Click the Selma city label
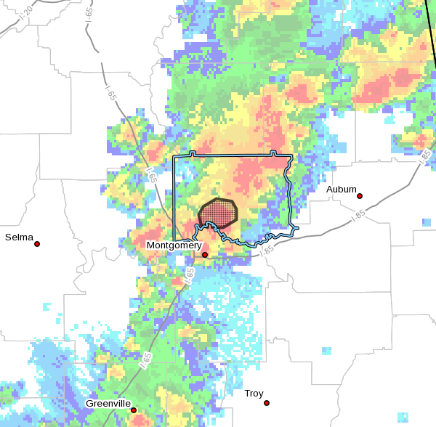18,237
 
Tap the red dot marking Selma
37,244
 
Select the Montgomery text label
174,245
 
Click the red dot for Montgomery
205,255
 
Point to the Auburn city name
341,190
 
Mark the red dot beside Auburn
360,196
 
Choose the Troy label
254,393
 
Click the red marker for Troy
267,403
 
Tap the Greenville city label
108,403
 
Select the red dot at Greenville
134,410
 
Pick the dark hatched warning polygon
218,213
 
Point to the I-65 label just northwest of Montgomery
151,175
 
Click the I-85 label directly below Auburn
357,215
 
